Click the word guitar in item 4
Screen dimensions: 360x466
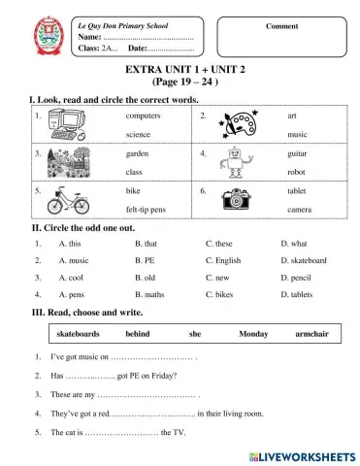[297, 153]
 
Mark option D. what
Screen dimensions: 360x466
[293, 244]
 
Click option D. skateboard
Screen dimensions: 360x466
[303, 260]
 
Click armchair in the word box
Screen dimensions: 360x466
[311, 333]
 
